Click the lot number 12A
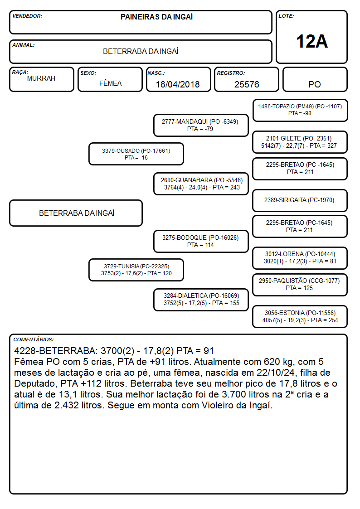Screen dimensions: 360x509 tap(311, 42)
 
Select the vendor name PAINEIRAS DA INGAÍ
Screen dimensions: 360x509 tap(156, 17)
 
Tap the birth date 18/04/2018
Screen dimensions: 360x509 tap(178, 84)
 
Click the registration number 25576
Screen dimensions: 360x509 tap(247, 84)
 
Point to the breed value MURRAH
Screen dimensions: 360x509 tap(41, 78)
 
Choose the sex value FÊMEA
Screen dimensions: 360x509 tap(110, 83)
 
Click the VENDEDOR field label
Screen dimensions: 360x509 tap(27, 16)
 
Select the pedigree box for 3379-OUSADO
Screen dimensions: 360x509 tap(136, 154)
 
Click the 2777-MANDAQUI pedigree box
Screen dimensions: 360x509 tap(201, 125)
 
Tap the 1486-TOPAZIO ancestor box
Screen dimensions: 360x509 tap(300, 111)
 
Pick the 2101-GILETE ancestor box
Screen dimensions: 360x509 tap(300, 142)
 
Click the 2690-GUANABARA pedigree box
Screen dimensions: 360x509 tap(201, 184)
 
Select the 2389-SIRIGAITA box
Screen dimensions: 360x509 tap(300, 200)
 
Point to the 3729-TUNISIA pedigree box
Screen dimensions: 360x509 tap(136, 270)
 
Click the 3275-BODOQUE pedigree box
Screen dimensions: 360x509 tap(201, 241)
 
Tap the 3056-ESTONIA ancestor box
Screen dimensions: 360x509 tap(300, 316)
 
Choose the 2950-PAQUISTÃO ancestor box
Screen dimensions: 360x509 tap(300, 285)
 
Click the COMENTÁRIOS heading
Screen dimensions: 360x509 tap(34, 339)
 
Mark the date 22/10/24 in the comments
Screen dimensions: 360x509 tap(276, 373)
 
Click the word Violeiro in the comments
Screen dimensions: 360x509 tap(218, 406)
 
